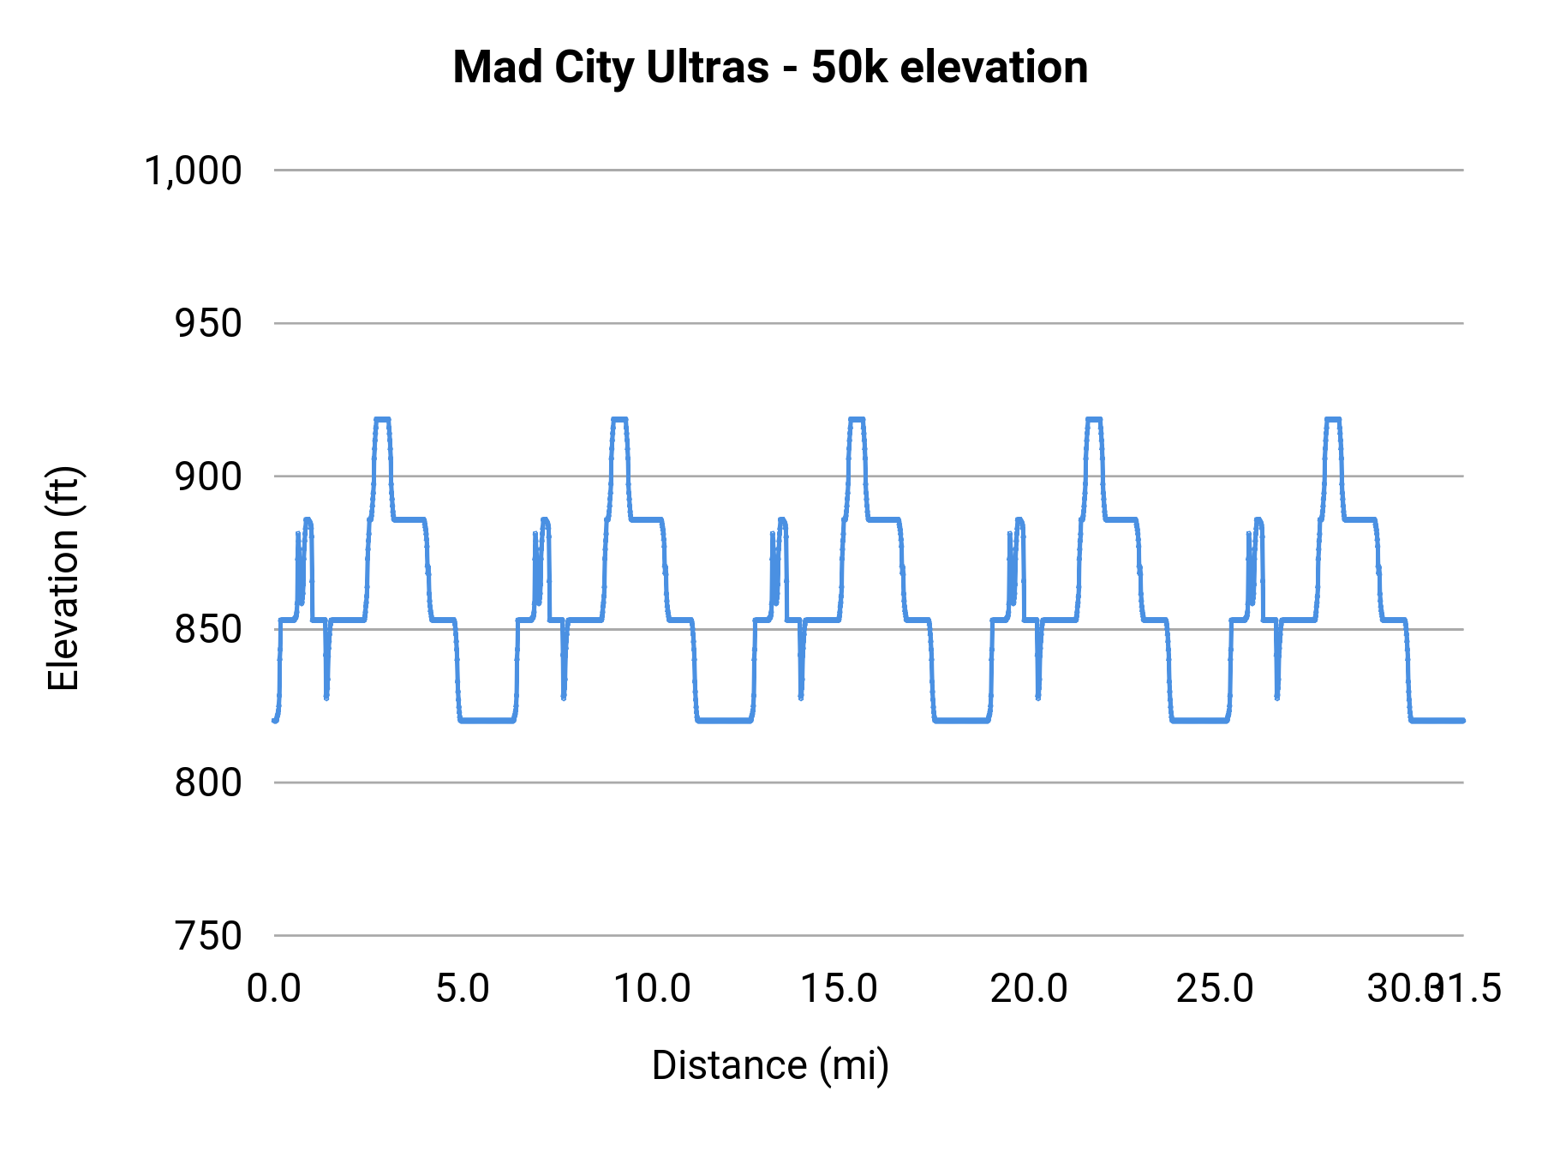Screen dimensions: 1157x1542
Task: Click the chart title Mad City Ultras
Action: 610,68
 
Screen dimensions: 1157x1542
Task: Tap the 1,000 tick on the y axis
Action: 193,171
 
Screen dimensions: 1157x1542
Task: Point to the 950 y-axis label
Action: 207,324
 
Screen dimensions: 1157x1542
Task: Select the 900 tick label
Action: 207,477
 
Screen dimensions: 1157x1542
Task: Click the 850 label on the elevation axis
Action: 207,630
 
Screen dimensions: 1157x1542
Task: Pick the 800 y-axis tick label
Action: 207,782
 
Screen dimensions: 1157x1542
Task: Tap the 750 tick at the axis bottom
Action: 207,936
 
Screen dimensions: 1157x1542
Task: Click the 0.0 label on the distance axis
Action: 274,989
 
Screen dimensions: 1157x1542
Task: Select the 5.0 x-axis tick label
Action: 463,989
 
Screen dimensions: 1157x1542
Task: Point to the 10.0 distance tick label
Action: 652,989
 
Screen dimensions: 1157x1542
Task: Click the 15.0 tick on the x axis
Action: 839,989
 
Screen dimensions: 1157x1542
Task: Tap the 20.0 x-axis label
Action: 1028,989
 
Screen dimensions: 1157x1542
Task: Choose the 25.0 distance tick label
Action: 1215,989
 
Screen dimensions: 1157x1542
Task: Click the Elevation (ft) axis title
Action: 63,578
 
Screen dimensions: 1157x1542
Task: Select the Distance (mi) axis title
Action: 770,1065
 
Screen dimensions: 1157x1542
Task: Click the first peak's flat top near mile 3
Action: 382,419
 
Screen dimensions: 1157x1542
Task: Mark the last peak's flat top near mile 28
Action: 1332,419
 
